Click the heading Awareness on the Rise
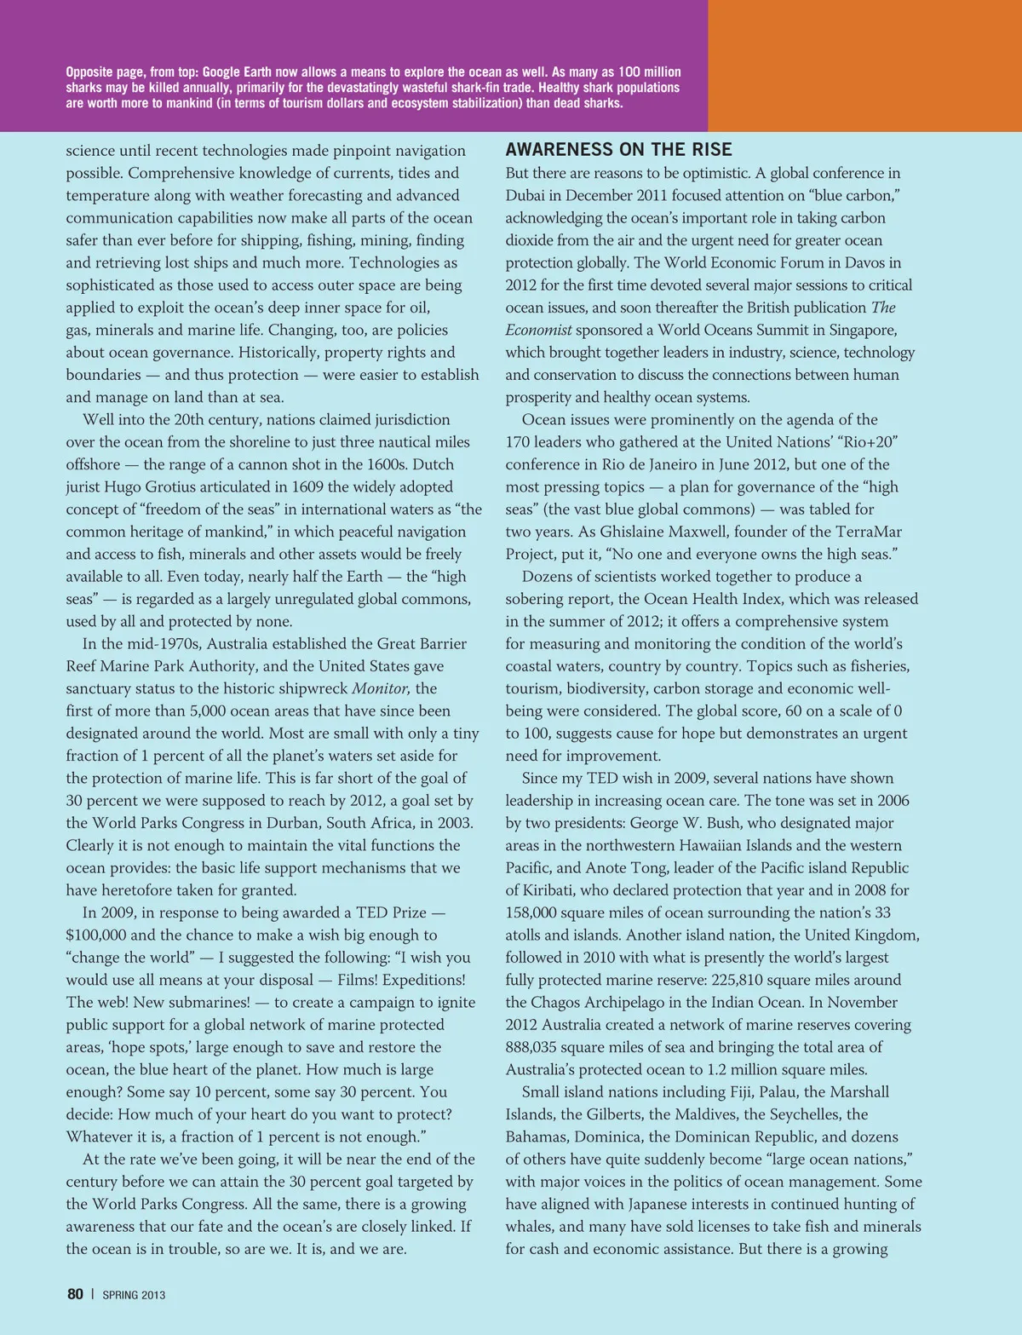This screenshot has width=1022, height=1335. coord(618,150)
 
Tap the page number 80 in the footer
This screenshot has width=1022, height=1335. coord(75,1294)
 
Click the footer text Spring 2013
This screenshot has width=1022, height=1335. coord(134,1295)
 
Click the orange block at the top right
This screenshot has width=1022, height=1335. coord(864,66)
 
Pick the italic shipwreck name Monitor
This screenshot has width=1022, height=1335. coord(381,688)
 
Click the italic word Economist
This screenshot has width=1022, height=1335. coord(538,330)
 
